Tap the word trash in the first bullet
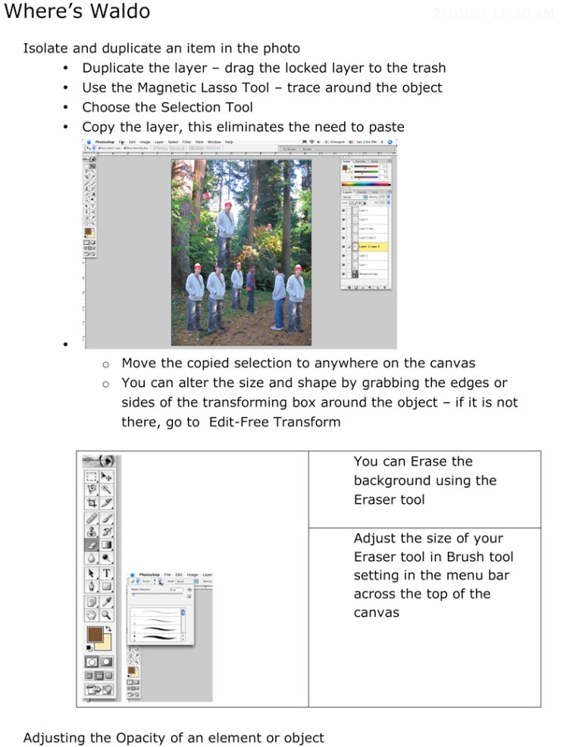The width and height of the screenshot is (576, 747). tap(427, 68)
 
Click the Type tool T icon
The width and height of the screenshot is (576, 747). tap(107, 573)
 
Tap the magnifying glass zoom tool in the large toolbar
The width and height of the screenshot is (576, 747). tap(107, 602)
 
